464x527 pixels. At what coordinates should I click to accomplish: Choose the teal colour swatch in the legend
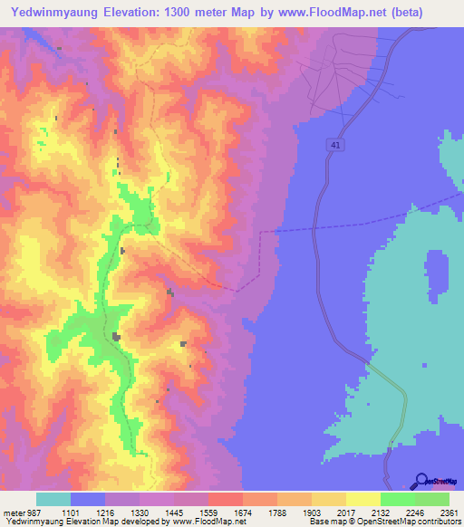tap(53, 499)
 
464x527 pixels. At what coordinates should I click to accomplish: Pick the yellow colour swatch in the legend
tap(362, 499)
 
